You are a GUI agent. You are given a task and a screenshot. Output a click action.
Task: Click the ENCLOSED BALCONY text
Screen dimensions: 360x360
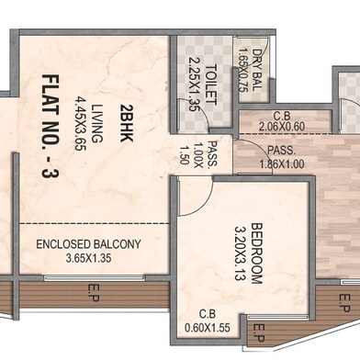(88, 244)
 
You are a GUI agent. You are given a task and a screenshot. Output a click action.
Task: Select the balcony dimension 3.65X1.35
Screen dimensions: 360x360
(88, 260)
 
